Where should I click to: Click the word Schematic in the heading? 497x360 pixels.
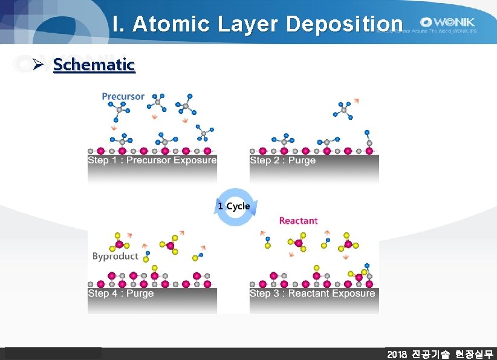click(x=94, y=65)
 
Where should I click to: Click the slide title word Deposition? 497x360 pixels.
click(x=344, y=24)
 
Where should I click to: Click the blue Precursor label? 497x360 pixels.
click(x=123, y=96)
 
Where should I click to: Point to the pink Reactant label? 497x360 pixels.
click(x=298, y=221)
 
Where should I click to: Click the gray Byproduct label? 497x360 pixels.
click(x=115, y=256)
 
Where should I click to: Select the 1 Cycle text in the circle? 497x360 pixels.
click(x=233, y=206)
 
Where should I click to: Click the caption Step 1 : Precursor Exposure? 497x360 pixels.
click(x=152, y=160)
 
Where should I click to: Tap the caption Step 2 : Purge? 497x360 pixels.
click(x=282, y=160)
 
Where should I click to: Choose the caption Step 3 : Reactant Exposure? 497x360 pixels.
click(x=312, y=293)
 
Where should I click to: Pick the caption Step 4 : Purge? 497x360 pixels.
click(x=120, y=293)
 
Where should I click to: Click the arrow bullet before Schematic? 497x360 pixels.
click(x=39, y=65)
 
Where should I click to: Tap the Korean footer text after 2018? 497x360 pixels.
click(x=453, y=354)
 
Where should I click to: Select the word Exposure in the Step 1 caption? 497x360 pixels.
click(x=195, y=160)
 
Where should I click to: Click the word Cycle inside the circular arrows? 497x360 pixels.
click(x=238, y=206)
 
